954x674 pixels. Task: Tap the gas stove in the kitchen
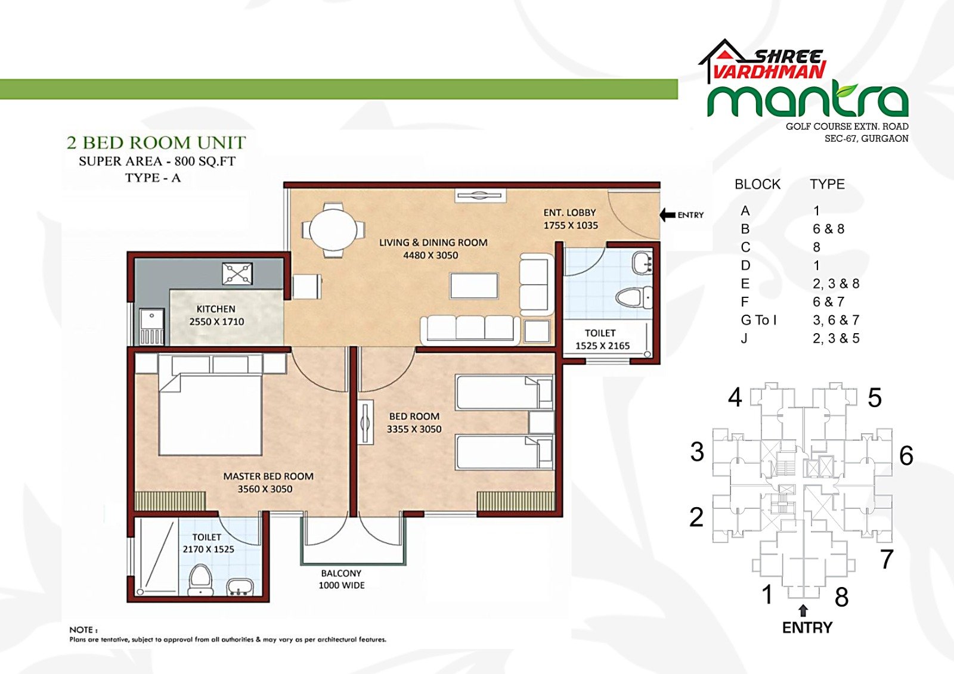(237, 274)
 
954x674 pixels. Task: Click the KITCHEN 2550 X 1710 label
(216, 315)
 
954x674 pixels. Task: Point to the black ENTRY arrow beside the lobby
(667, 215)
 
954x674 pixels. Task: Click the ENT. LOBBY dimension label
(571, 219)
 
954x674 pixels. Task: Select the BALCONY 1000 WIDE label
(342, 579)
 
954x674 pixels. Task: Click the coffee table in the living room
(474, 285)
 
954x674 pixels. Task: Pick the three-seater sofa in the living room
(470, 330)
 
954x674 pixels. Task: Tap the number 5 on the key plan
(874, 397)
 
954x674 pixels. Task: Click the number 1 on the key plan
(767, 594)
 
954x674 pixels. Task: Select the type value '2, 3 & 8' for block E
(836, 284)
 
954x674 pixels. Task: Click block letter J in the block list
(744, 338)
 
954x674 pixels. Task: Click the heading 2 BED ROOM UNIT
(156, 142)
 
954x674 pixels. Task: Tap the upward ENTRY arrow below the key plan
(803, 611)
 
